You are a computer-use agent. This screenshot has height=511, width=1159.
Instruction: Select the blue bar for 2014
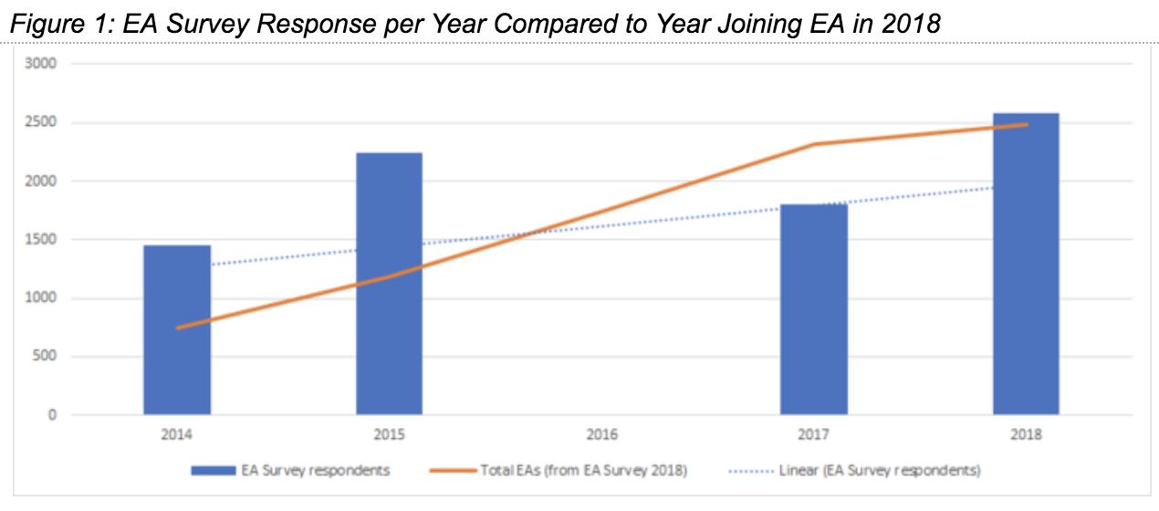(x=177, y=329)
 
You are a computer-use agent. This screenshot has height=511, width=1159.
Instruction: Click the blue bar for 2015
(x=389, y=284)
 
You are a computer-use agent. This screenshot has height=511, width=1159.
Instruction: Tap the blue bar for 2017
(x=813, y=309)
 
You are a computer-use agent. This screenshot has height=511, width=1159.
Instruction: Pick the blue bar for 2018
(x=1026, y=264)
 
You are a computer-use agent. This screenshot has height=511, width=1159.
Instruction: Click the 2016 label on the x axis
(x=601, y=435)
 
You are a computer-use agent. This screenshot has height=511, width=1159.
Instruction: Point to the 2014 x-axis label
(x=177, y=435)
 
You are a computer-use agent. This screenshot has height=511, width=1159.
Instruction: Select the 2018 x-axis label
(x=1026, y=435)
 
